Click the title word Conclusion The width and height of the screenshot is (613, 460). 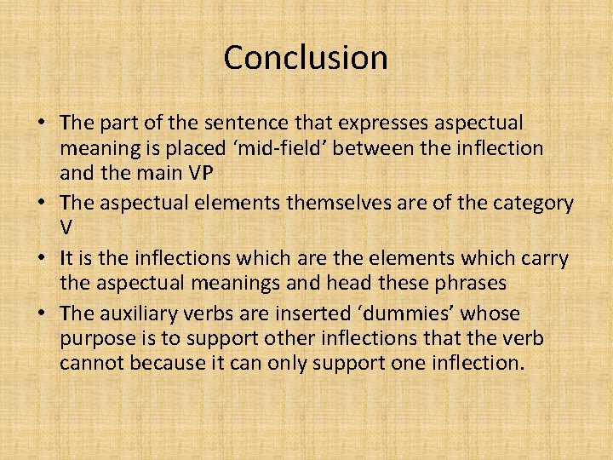306,58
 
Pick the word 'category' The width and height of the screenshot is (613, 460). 532,204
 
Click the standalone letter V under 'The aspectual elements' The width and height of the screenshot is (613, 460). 66,228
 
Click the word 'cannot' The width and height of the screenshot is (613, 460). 88,364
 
